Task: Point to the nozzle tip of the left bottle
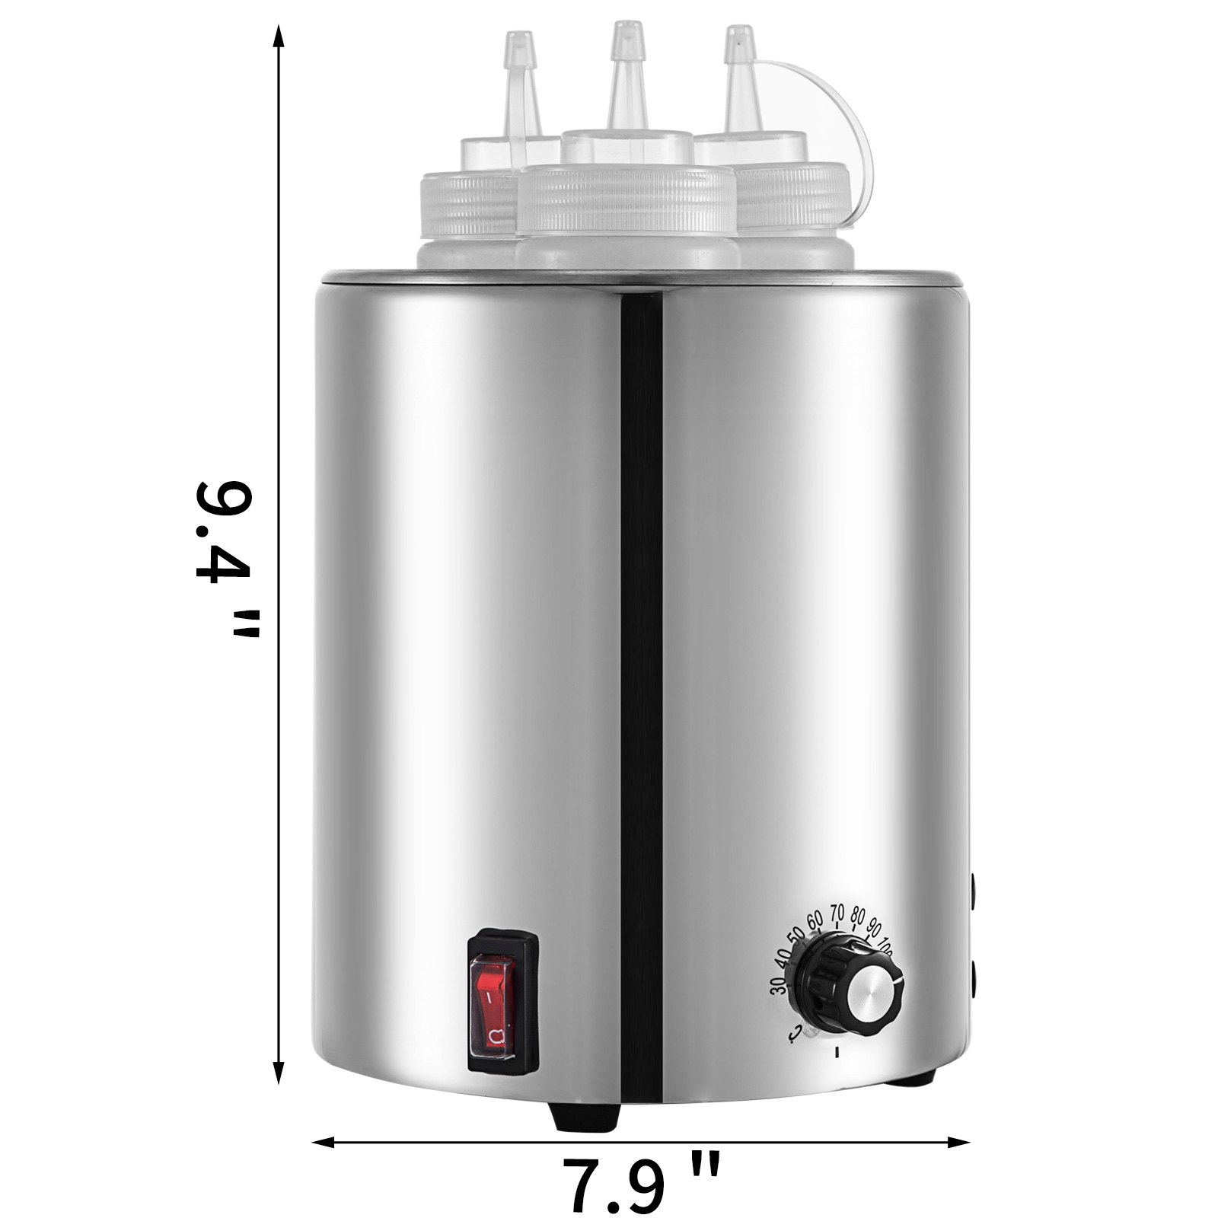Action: [x=519, y=37]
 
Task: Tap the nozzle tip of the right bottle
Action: [x=735, y=32]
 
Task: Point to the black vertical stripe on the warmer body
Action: [x=641, y=609]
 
